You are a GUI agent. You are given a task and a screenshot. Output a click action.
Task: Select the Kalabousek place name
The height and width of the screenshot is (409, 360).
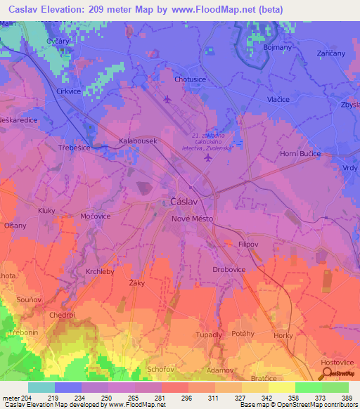pos(137,141)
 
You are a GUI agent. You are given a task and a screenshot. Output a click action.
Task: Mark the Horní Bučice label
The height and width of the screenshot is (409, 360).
pos(300,153)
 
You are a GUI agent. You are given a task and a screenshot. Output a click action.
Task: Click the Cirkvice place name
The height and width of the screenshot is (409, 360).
pos(70,91)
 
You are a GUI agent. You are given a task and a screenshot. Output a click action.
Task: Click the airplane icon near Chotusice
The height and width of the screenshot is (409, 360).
pos(167,98)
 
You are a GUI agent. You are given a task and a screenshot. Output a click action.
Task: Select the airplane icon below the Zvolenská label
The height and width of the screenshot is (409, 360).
pos(207,158)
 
